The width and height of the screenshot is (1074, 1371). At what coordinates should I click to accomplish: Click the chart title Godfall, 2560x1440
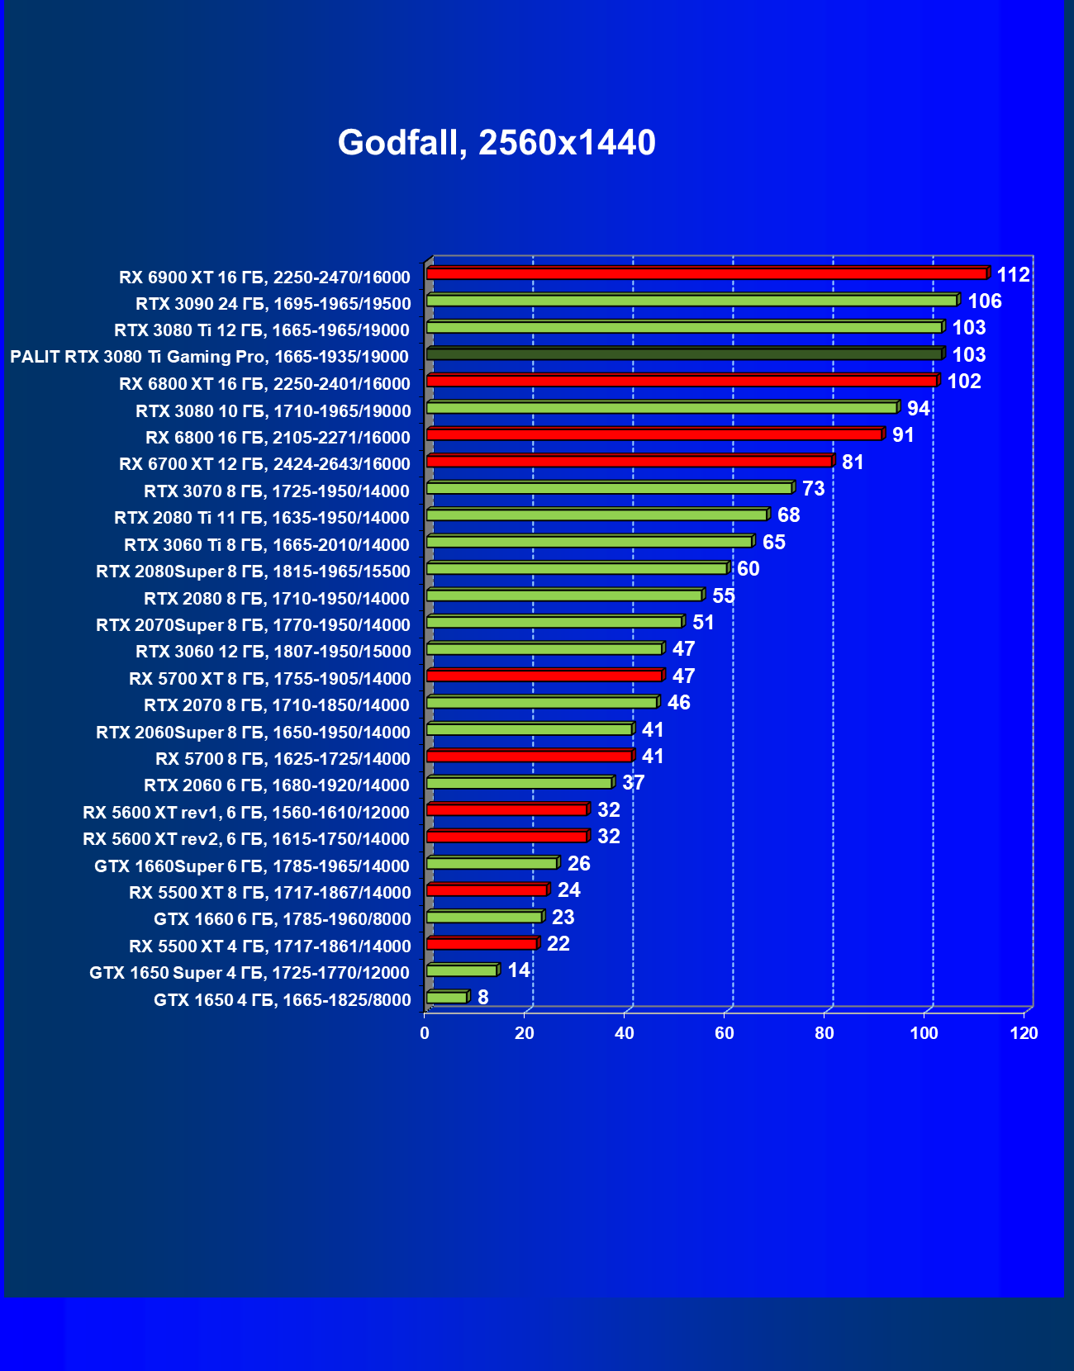[x=497, y=143]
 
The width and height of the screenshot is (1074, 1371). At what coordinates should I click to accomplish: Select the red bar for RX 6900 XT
[x=706, y=273]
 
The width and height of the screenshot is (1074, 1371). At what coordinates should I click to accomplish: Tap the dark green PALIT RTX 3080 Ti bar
[x=684, y=353]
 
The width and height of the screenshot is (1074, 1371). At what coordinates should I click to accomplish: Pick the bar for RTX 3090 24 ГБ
[x=691, y=300]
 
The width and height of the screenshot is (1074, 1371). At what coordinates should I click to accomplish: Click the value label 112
[x=1013, y=275]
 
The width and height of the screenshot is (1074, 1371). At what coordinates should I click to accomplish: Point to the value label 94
[x=918, y=409]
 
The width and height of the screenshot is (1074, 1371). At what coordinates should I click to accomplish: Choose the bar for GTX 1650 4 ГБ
[x=447, y=998]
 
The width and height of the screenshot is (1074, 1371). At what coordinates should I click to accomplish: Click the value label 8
[x=483, y=998]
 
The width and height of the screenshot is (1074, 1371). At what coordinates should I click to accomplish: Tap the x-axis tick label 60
[x=725, y=1033]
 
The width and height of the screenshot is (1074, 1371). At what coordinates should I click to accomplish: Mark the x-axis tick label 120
[x=1024, y=1033]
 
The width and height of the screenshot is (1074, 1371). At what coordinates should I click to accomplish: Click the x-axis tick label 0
[x=425, y=1033]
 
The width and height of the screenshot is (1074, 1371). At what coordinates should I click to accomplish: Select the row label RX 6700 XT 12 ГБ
[x=264, y=464]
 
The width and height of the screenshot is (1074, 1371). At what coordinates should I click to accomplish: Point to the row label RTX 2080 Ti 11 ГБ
[x=262, y=518]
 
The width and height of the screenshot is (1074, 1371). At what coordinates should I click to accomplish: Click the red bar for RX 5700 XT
[x=544, y=676]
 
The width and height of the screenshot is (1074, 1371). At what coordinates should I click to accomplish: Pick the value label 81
[x=853, y=463]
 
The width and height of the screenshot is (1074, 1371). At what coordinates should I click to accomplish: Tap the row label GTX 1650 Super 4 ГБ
[x=249, y=973]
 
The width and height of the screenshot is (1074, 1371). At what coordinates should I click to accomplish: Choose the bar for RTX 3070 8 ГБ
[x=609, y=488]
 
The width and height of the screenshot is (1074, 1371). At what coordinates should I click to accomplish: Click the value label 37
[x=634, y=783]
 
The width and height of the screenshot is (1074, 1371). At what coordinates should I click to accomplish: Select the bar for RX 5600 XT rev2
[x=506, y=837]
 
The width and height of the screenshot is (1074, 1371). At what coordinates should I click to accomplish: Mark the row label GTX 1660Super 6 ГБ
[x=252, y=866]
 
